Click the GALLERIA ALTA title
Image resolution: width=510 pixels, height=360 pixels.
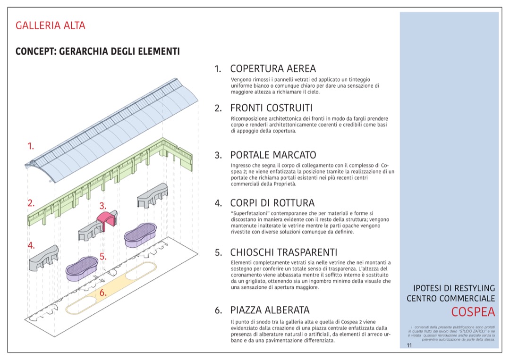point(51,25)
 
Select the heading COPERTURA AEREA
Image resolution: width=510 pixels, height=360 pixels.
point(273,69)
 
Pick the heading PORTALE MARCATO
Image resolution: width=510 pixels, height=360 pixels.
point(273,155)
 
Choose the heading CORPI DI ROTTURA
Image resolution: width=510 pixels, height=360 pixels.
point(272,203)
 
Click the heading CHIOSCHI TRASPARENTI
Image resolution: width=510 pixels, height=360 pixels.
point(283,252)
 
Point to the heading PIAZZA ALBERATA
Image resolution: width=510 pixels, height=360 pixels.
point(270,310)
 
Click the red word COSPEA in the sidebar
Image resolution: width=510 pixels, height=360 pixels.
point(473,312)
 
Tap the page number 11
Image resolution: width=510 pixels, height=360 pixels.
point(409,345)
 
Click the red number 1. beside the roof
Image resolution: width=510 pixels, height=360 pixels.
point(31,146)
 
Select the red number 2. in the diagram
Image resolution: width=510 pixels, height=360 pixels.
point(31,203)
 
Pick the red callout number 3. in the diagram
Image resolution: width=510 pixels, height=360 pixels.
point(103,206)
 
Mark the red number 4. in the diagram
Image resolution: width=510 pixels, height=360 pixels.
point(31,245)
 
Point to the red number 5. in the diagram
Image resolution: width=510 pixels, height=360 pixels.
point(102,258)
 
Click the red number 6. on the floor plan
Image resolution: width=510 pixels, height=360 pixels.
point(103,293)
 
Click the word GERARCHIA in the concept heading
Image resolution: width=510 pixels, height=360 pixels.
point(82,51)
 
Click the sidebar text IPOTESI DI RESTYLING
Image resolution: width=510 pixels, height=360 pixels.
point(454,288)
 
